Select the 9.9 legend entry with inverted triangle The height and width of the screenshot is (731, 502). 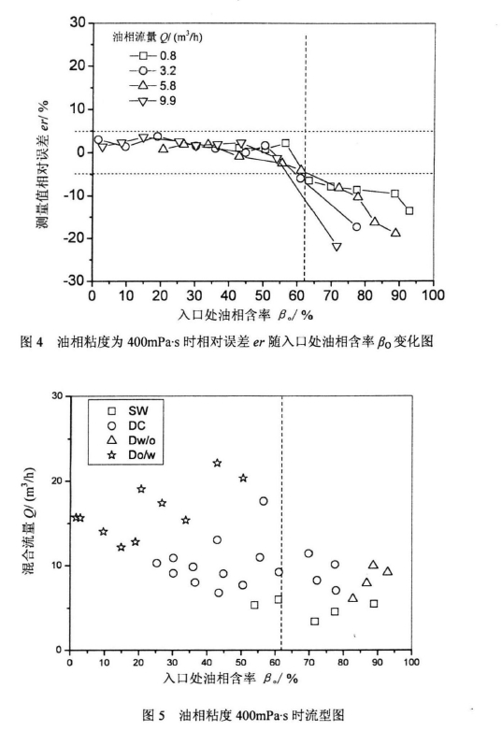[x=150, y=100]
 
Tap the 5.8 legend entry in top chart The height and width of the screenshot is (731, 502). [x=150, y=85]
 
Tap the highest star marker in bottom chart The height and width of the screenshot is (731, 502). [x=217, y=463]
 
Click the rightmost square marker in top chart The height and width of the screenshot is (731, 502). [x=409, y=210]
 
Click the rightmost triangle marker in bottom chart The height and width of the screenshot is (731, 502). [x=387, y=571]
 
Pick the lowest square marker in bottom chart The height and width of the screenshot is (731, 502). [x=314, y=621]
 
